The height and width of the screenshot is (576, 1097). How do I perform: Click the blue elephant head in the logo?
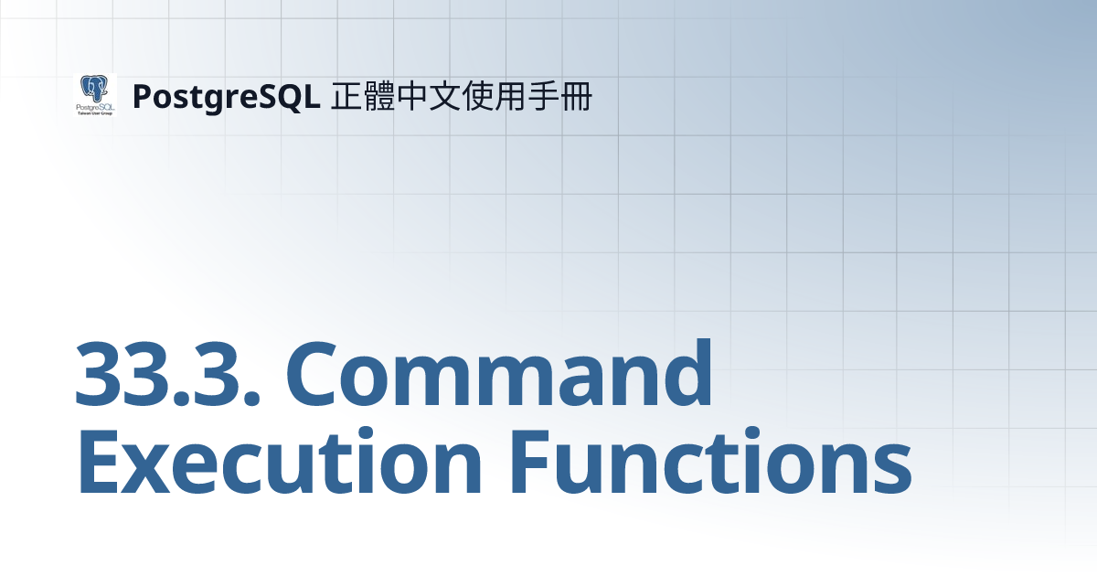click(x=94, y=88)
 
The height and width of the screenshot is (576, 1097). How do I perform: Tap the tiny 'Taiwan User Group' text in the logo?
click(x=94, y=112)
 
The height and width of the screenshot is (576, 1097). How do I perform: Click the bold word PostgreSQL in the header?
click(x=225, y=96)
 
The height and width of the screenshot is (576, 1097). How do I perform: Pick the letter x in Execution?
click(x=155, y=466)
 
